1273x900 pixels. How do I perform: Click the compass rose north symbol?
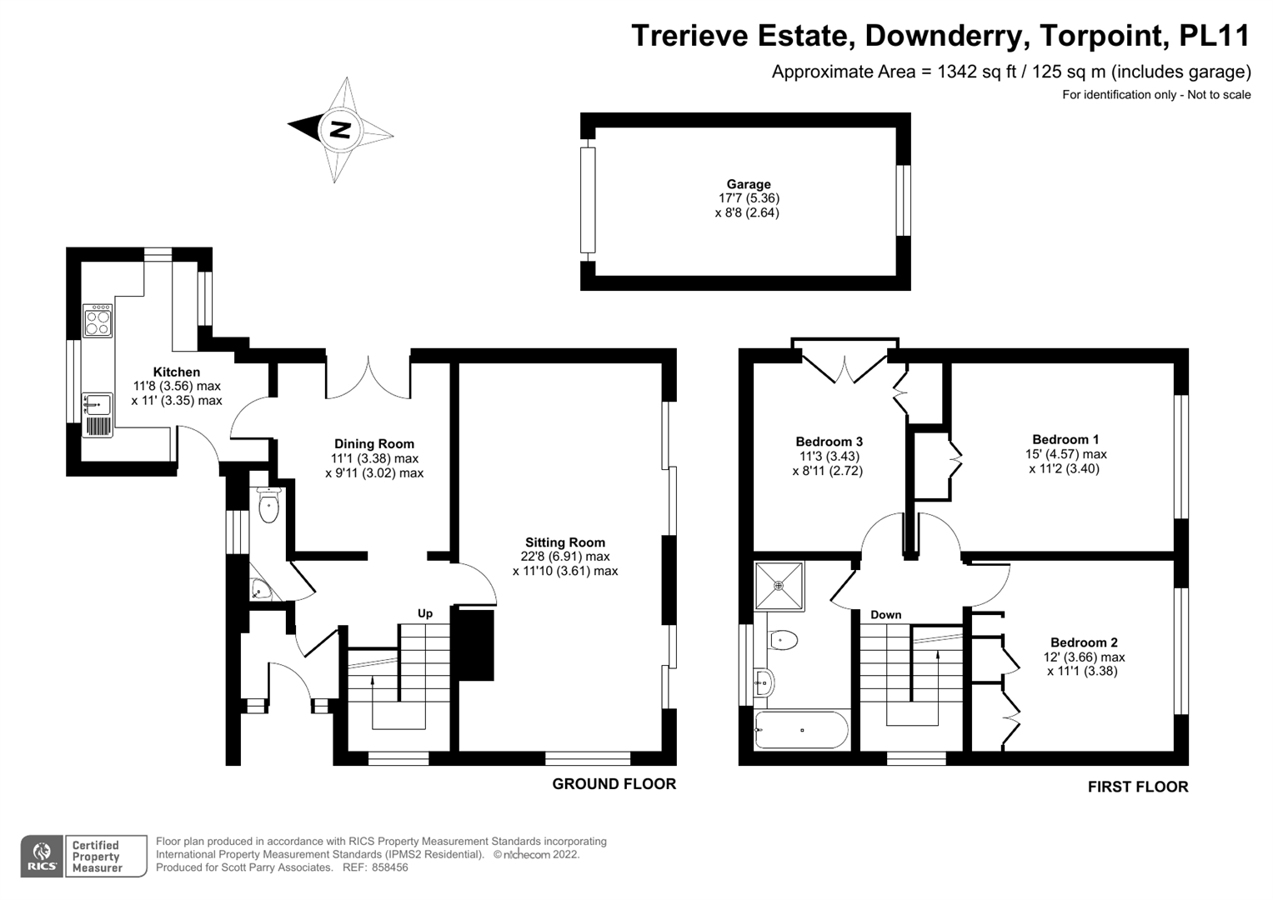tap(340, 129)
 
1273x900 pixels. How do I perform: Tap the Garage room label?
tap(748, 184)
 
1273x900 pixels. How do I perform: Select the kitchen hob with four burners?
tap(98, 321)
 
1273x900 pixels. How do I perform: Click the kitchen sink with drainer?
tap(97, 406)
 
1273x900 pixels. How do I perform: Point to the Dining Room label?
tap(374, 444)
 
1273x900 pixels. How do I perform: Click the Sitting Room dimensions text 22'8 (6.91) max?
tap(565, 557)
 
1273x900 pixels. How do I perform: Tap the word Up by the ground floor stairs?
tap(425, 613)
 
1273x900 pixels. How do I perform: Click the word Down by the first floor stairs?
tap(885, 615)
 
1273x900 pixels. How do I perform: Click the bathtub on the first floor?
tap(801, 730)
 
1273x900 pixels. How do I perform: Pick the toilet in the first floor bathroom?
tap(783, 640)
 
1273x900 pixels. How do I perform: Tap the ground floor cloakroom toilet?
tap(268, 505)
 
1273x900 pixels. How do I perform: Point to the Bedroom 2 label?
tap(1084, 642)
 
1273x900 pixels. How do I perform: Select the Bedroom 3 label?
tap(829, 442)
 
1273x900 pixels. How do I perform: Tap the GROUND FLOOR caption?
tap(614, 784)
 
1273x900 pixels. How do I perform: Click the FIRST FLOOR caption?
tap(1137, 787)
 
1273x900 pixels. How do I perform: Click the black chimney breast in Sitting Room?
tap(473, 646)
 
